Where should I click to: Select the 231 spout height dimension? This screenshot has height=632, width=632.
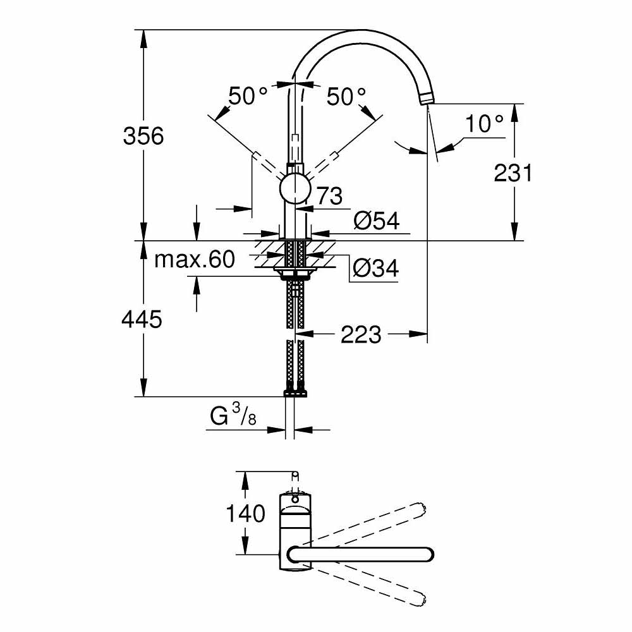[513, 173]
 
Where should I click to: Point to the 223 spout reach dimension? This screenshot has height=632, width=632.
[361, 334]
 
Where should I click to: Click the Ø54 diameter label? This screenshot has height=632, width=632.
[377, 221]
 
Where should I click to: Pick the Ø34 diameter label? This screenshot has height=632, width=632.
[375, 269]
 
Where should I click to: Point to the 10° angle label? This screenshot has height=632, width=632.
[485, 124]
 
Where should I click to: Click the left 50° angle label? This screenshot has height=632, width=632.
[248, 96]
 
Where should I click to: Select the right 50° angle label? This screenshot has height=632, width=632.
[346, 96]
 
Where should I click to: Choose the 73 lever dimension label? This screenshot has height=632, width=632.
[328, 196]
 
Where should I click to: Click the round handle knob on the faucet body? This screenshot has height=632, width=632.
[295, 189]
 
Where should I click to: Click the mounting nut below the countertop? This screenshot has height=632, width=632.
[295, 274]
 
